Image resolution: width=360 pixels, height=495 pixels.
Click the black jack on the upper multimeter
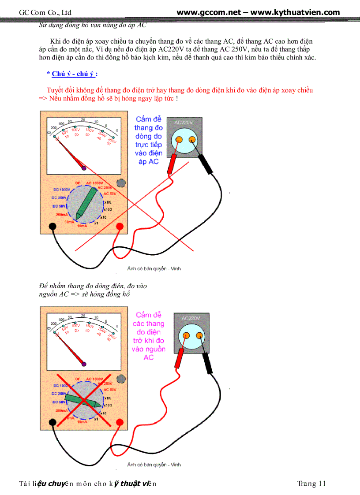(x=52, y=227)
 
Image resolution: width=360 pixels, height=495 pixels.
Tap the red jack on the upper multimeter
(x=119, y=227)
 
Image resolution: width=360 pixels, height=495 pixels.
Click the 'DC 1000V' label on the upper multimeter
(x=62, y=189)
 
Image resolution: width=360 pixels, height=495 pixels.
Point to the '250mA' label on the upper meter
(x=62, y=215)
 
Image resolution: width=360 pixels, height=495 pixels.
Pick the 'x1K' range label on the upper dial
(x=107, y=202)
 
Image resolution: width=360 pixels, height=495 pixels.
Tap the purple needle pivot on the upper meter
(x=84, y=167)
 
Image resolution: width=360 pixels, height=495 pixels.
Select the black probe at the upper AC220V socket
(x=206, y=164)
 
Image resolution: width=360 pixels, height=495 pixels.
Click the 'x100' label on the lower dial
(x=108, y=405)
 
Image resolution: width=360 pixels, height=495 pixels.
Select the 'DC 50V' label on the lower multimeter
(x=59, y=402)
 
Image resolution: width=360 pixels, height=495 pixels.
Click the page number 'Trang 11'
(x=311, y=484)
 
